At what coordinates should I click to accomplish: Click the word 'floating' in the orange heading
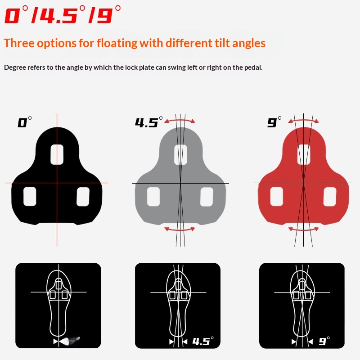click(116, 43)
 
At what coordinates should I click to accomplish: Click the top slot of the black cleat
click(57, 154)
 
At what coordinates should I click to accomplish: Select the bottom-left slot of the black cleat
click(30, 196)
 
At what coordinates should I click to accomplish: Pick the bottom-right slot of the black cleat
click(84, 196)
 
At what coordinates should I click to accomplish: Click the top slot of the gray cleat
click(180, 154)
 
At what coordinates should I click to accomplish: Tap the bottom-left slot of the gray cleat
click(153, 196)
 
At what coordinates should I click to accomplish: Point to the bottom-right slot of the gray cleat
click(207, 196)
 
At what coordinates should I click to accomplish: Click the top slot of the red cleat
click(304, 154)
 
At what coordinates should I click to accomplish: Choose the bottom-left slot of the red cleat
click(277, 196)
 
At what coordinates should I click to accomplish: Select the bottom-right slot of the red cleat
click(330, 196)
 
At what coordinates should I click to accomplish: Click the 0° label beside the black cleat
click(24, 122)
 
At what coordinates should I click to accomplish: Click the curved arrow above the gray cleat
click(180, 120)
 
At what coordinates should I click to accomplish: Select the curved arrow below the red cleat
click(303, 229)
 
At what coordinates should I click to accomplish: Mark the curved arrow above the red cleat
click(303, 120)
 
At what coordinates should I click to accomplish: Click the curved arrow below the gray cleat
click(180, 229)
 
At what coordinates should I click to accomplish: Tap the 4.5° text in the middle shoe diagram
click(202, 341)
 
